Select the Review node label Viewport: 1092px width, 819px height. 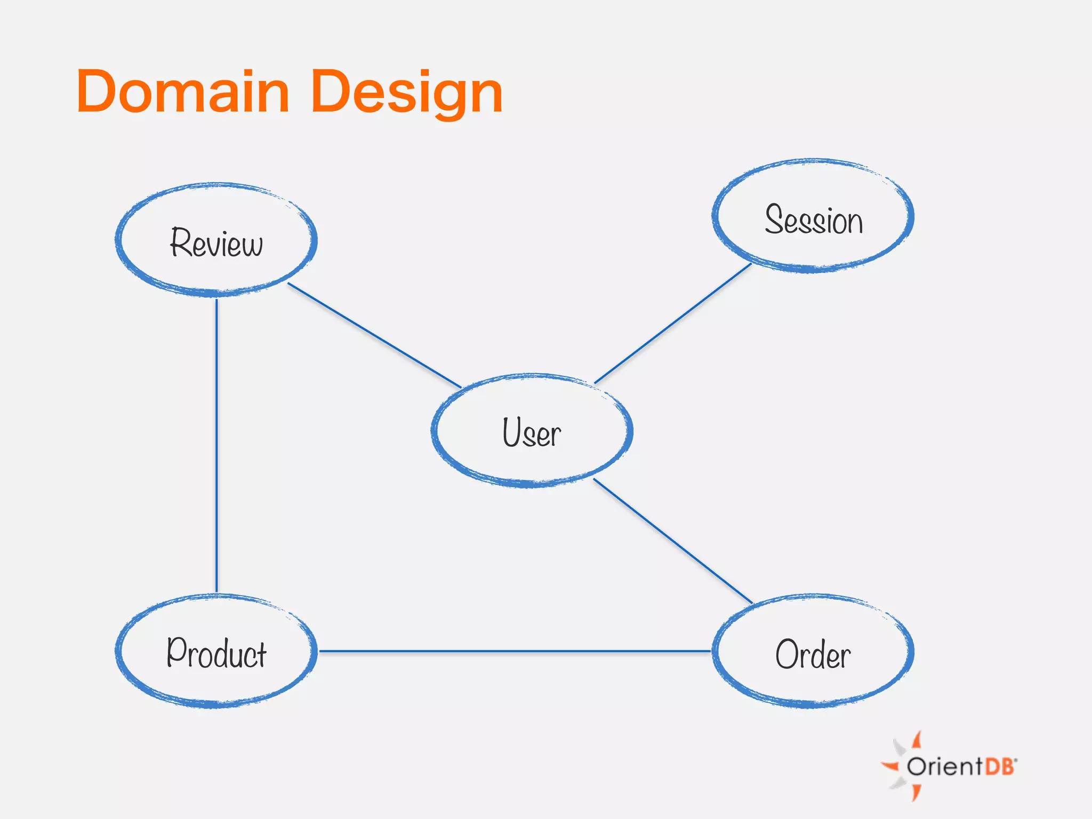click(x=216, y=243)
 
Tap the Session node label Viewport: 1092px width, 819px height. click(x=814, y=219)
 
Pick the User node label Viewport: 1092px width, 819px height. click(x=532, y=432)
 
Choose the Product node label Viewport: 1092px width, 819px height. click(x=216, y=653)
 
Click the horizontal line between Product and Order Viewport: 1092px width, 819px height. click(x=515, y=651)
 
